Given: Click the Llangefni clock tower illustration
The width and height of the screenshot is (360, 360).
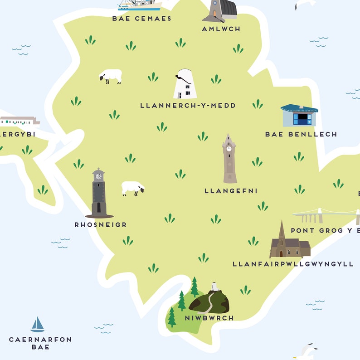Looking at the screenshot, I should point(229,159).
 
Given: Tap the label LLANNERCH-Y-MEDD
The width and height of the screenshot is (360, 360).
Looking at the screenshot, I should point(188,106).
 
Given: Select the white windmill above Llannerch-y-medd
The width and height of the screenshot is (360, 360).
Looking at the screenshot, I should point(185,84).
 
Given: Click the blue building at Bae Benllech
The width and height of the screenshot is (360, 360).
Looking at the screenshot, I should point(299,116).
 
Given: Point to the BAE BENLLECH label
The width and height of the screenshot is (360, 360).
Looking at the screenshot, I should point(301,134).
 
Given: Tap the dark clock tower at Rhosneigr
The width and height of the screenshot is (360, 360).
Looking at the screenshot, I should point(99,194).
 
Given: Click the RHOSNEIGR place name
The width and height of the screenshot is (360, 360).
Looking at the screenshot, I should point(101,224).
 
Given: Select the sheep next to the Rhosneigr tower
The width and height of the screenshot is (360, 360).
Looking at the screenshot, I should point(133,188).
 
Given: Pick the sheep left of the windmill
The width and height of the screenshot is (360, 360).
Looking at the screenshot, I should point(111,76).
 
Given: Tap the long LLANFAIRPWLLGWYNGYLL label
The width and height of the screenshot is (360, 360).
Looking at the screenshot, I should point(292,264).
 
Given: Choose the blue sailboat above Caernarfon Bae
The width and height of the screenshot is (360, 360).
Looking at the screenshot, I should point(37,325).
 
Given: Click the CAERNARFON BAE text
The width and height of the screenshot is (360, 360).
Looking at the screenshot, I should point(40,343).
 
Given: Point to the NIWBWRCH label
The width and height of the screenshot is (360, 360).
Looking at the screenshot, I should point(209,318).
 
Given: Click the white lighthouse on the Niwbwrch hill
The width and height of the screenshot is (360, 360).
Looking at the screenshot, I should point(214,287).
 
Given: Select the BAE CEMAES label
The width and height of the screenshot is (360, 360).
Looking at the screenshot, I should point(141,19).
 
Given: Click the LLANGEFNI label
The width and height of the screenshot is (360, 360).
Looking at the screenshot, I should point(231,191).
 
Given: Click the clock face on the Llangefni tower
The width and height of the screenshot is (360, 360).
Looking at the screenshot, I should point(229,148).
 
